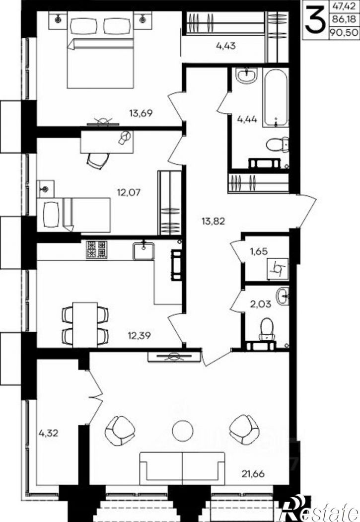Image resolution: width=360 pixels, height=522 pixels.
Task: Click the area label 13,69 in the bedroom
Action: (141, 114)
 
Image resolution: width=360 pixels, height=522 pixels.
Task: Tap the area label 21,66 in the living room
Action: (253, 473)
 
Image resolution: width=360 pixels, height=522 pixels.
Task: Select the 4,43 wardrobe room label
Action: (226, 46)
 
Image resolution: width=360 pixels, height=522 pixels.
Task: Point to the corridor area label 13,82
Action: (214, 221)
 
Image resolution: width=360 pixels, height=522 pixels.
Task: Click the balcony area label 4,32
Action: (49, 433)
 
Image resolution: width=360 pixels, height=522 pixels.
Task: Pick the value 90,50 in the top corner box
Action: (344, 32)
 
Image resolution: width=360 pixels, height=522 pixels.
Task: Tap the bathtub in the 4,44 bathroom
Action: (276, 97)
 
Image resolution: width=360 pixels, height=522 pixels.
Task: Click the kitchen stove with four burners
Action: (96, 250)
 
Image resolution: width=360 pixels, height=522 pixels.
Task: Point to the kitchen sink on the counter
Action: (144, 251)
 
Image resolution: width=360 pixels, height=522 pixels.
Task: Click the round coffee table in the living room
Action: (183, 431)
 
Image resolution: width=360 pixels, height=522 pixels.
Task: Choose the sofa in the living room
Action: (182, 468)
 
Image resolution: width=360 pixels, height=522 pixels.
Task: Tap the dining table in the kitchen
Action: (85, 325)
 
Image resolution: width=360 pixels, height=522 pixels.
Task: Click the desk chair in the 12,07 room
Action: (98, 161)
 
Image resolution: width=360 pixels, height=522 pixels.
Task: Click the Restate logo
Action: (320, 509)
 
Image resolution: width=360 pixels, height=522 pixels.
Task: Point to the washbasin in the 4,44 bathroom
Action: (247, 75)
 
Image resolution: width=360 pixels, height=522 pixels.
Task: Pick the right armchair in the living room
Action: (244, 430)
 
